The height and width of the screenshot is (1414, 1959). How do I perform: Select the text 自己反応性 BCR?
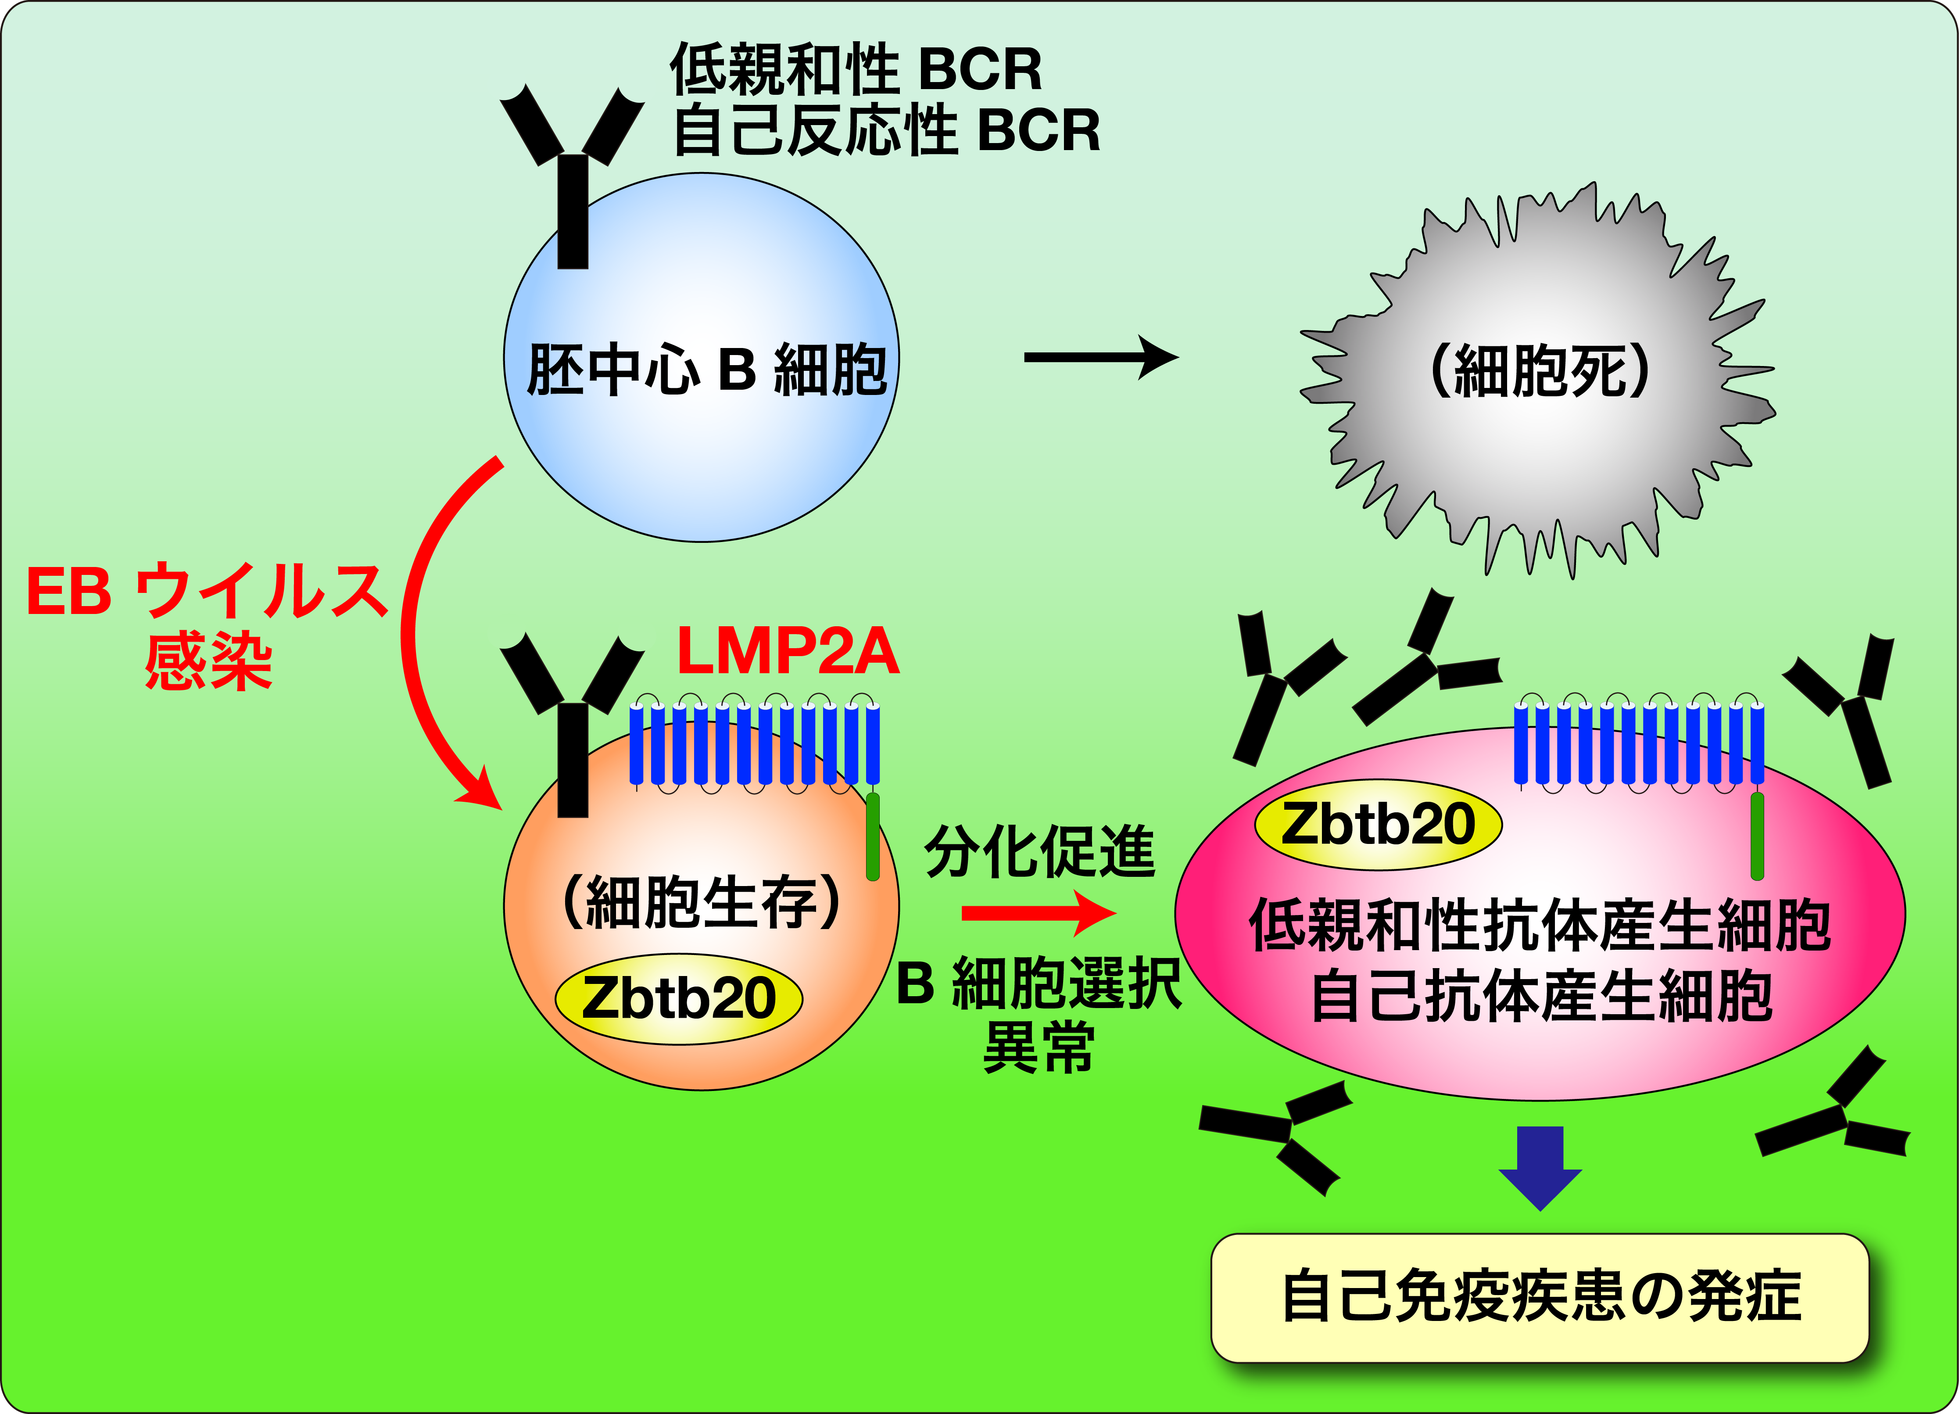coord(885,131)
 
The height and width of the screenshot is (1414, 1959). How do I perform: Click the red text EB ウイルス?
coord(207,592)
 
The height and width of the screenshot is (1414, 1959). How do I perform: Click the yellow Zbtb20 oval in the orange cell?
coord(678,998)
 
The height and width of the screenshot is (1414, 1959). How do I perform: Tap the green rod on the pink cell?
coord(1757,836)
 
